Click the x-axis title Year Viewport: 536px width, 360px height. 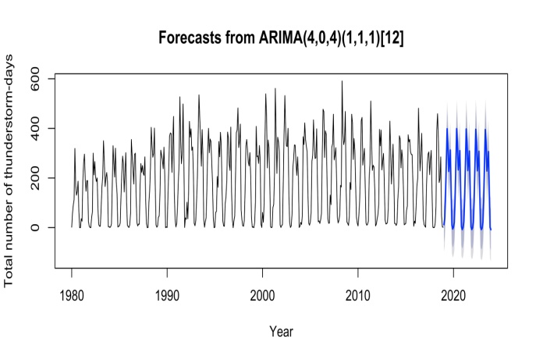pyautogui.click(x=281, y=331)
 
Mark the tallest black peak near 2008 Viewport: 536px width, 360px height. pyautogui.click(x=342, y=81)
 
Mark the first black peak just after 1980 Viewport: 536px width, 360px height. pyautogui.click(x=75, y=148)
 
